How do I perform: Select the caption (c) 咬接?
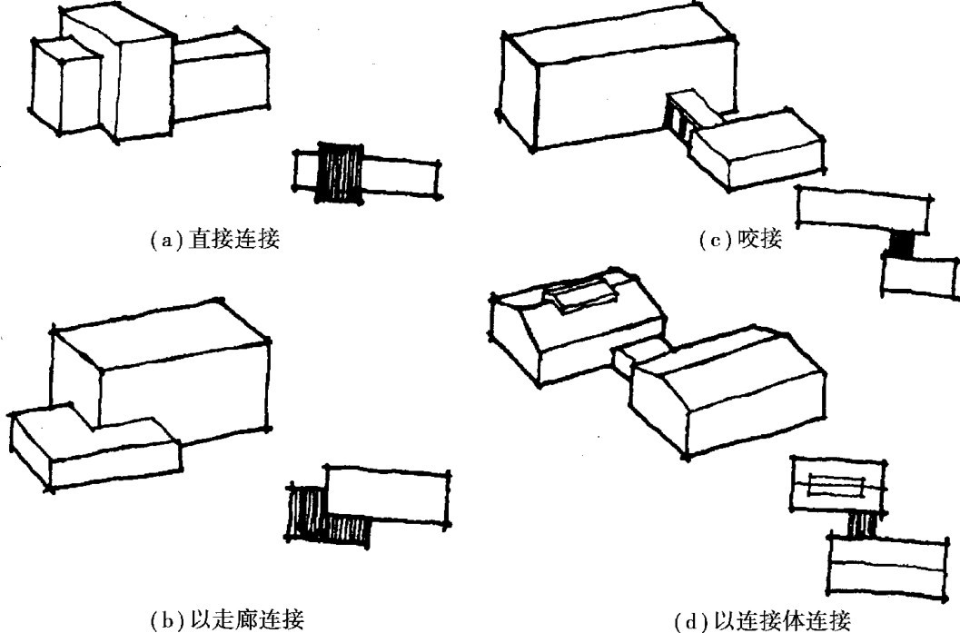(x=740, y=240)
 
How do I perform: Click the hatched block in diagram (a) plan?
(x=338, y=173)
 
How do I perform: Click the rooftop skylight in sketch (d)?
(x=581, y=292)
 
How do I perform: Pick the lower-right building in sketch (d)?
(x=727, y=386)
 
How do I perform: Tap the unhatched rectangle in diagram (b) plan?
(x=389, y=495)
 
